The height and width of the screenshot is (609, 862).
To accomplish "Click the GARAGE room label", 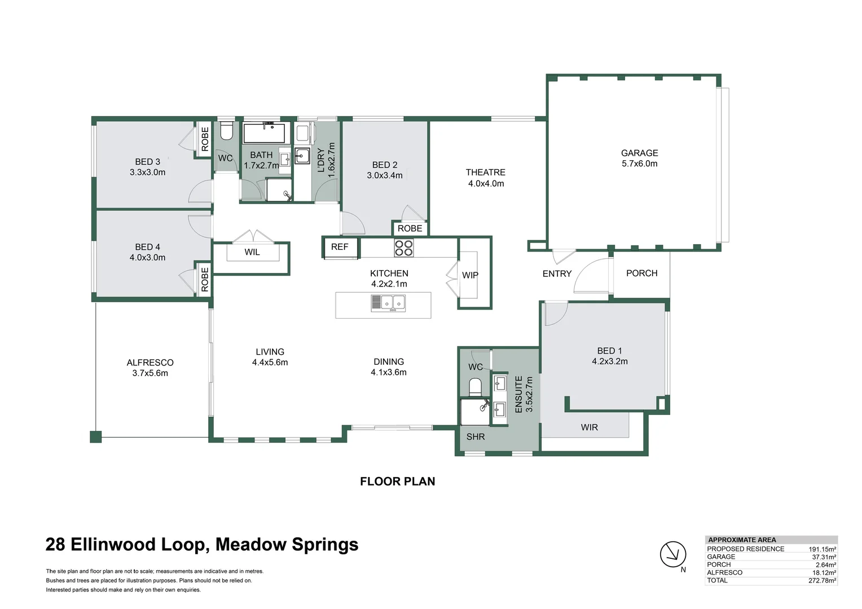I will pos(639,153).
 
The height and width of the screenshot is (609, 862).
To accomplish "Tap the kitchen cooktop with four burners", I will pos(403,248).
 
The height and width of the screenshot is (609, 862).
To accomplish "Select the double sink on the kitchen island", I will pos(388,303).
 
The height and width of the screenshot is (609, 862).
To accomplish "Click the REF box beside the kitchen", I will pos(340,247).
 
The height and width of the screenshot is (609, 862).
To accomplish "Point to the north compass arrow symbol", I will pos(673,554).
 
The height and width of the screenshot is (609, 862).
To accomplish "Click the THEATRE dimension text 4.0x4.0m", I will pos(486,183).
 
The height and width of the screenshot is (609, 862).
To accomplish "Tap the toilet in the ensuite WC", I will pos(475,387).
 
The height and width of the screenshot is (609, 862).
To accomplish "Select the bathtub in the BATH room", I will pos(265,133).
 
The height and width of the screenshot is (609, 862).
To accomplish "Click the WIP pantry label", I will pos(470,275).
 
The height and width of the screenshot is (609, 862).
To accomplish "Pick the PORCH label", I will pos(641,273).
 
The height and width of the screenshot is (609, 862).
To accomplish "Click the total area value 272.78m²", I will pos(822,580).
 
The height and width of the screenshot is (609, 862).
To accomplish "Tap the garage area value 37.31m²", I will pos(824,557).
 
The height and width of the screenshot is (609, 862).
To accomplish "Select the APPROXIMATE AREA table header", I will pos(742,540).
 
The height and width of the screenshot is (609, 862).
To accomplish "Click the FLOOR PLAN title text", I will pos(397,481).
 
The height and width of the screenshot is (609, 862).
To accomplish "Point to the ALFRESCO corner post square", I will pos(96,436).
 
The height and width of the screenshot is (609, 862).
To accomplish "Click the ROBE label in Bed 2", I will pos(410,228).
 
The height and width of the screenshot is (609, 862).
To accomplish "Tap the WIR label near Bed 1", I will pos(589,427).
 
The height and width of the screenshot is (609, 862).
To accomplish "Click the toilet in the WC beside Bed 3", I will pos(226,132).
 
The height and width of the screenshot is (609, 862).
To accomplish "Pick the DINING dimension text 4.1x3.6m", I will pos(389,372).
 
